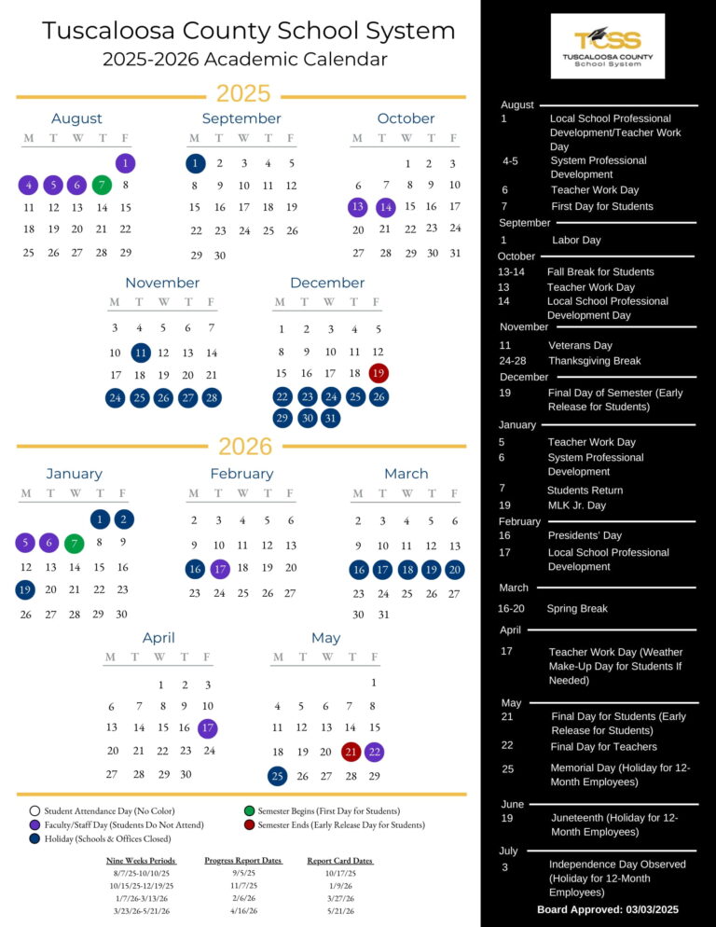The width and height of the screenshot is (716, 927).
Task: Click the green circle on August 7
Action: [x=102, y=185]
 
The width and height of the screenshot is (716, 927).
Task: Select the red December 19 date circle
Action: [x=379, y=373]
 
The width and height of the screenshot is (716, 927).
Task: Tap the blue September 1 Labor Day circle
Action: [x=196, y=163]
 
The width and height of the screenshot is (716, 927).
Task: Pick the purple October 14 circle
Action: [x=386, y=208]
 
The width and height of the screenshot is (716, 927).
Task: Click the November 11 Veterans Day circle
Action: [x=140, y=353]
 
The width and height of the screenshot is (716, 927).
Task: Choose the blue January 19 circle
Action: [x=25, y=589]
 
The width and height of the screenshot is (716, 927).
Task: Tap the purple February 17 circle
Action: [x=220, y=569]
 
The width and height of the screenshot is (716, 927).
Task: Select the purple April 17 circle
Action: [x=208, y=727]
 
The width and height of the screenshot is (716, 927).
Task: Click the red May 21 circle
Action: [x=351, y=752]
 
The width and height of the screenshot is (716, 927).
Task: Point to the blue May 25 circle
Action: [x=277, y=776]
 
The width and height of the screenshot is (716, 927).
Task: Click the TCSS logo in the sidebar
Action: [x=608, y=46]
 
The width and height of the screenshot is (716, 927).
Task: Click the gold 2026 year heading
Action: [x=245, y=447]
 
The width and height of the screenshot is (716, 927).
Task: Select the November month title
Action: [x=162, y=283]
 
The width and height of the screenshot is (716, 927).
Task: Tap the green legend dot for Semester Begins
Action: [x=249, y=811]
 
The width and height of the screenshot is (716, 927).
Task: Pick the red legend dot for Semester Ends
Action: [x=249, y=824]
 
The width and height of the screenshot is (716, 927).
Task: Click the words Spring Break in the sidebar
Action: [x=577, y=609]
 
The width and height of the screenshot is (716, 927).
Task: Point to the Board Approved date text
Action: [x=608, y=910]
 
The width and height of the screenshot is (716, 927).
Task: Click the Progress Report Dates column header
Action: [x=243, y=861]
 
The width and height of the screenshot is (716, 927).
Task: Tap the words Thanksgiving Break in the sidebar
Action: [x=594, y=361]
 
